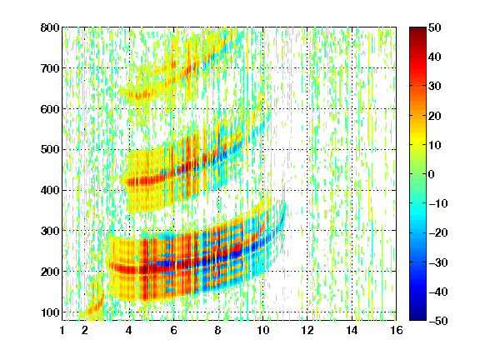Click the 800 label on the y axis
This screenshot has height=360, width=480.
pyautogui.click(x=50, y=27)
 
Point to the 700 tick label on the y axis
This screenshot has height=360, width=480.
pyautogui.click(x=50, y=68)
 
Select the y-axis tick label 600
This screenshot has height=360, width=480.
pyautogui.click(x=50, y=109)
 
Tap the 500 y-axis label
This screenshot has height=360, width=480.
pyautogui.click(x=50, y=150)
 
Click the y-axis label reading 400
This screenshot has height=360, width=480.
pyautogui.click(x=50, y=191)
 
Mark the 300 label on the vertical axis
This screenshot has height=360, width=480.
pyautogui.click(x=50, y=231)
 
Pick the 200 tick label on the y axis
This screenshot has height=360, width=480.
pyautogui.click(x=50, y=272)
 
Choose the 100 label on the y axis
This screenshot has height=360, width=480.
pyautogui.click(x=50, y=312)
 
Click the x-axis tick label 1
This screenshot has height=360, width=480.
pyautogui.click(x=62, y=331)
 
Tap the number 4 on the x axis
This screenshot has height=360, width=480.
pyautogui.click(x=129, y=331)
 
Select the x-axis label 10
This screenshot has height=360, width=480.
pyautogui.click(x=262, y=331)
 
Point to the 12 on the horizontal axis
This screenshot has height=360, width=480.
pyautogui.click(x=307, y=331)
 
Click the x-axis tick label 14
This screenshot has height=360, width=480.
pyautogui.click(x=352, y=331)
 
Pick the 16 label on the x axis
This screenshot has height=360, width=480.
pyautogui.click(x=397, y=331)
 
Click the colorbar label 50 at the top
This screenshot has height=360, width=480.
pyautogui.click(x=434, y=27)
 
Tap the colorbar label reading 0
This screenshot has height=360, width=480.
pyautogui.click(x=432, y=174)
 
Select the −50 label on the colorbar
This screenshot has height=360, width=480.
pyautogui.click(x=437, y=321)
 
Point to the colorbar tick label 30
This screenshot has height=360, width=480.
pyautogui.click(x=434, y=87)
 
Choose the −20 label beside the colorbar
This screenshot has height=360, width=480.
pyautogui.click(x=437, y=233)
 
